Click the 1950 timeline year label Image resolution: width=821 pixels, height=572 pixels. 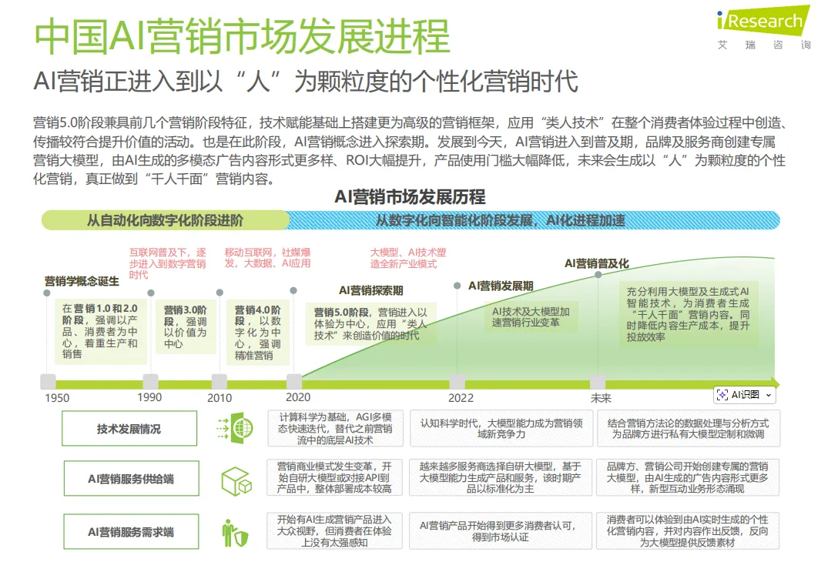(x=56, y=398)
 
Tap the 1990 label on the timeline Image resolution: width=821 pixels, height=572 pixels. (x=149, y=397)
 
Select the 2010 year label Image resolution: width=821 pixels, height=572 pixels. (x=219, y=398)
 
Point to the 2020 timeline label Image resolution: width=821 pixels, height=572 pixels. (x=298, y=397)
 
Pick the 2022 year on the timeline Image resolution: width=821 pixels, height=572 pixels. (x=461, y=398)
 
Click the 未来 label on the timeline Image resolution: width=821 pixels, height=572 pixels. (x=601, y=398)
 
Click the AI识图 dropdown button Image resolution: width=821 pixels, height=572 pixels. (x=744, y=395)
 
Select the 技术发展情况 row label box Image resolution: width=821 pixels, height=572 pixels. (x=129, y=429)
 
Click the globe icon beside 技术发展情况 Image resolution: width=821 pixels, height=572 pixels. (x=236, y=428)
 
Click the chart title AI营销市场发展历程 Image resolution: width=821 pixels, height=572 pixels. (x=410, y=197)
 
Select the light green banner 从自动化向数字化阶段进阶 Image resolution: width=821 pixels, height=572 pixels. (x=165, y=220)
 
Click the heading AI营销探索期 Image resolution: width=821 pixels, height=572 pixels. (x=371, y=290)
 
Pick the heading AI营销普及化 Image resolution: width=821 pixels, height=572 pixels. (x=596, y=263)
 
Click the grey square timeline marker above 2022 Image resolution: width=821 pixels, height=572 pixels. (x=457, y=382)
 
